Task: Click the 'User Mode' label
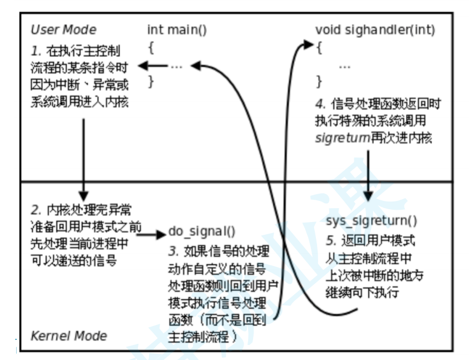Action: point(63,29)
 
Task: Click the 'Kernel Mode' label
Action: point(68,336)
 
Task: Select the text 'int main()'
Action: point(177,29)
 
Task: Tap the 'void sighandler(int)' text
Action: point(375,29)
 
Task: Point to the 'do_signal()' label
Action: point(202,231)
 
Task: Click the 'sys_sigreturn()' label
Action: point(371,221)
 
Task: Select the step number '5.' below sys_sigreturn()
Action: point(331,241)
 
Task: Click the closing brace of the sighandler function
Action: point(319,81)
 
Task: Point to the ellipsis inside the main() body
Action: point(177,66)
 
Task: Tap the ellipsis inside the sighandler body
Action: point(344,66)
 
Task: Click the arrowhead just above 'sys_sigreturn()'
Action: point(368,198)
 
